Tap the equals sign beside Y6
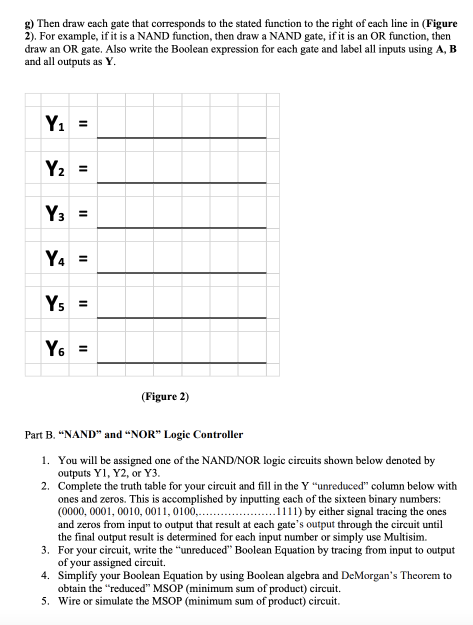pos(84,348)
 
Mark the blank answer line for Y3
pos(181,227)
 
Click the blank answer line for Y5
pos(181,317)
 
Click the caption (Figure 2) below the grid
pos(165,397)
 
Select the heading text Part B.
pos(40,435)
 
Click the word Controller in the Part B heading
pos(218,435)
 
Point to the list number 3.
pos(45,550)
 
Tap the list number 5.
pos(45,601)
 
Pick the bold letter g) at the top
pos(29,23)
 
